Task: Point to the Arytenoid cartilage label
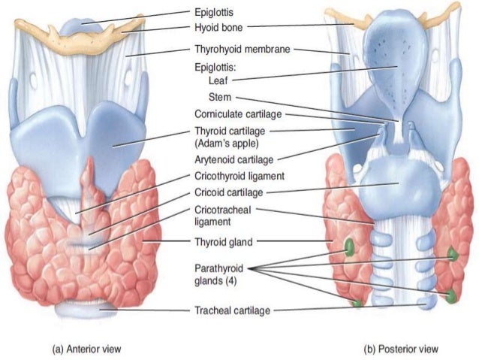[x=233, y=159]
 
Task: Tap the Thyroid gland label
[x=223, y=242]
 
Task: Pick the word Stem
[x=220, y=97]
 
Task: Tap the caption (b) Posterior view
[x=401, y=349]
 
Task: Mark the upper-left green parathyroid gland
[x=349, y=247]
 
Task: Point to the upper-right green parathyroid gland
[x=453, y=255]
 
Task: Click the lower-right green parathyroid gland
[x=450, y=295]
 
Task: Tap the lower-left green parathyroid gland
[x=357, y=304]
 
